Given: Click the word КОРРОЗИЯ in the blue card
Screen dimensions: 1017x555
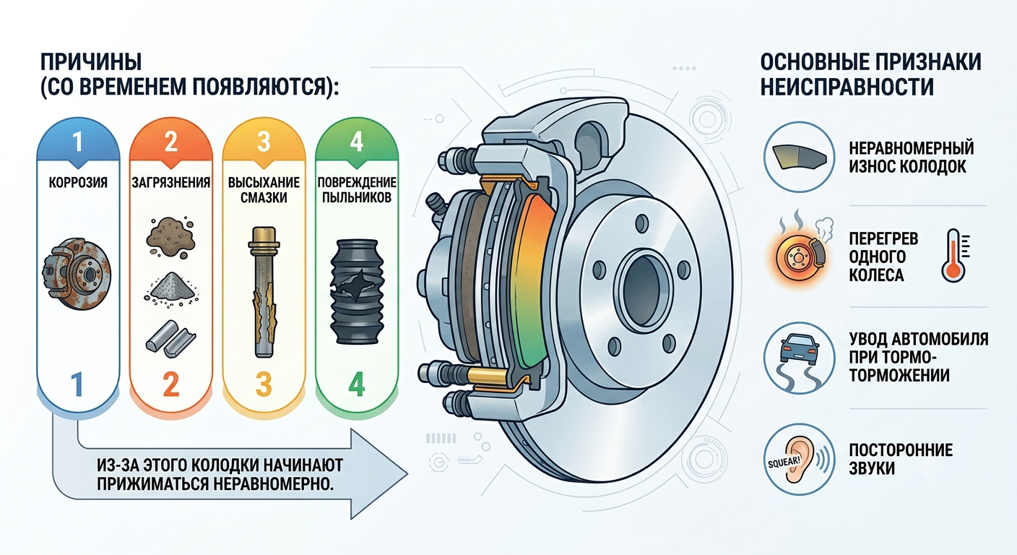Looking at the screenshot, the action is click(78, 183).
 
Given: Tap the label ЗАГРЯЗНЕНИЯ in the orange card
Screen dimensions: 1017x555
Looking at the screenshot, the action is click(170, 183).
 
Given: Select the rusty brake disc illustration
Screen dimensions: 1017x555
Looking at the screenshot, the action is click(77, 274).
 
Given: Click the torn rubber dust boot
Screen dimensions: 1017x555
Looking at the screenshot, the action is click(356, 292).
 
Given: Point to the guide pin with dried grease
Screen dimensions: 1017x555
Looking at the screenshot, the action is click(264, 292).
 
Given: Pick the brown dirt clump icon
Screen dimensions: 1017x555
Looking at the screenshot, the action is click(170, 237).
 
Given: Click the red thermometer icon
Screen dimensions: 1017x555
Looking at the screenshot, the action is click(954, 255).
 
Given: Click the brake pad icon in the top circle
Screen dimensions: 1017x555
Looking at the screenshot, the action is click(800, 158).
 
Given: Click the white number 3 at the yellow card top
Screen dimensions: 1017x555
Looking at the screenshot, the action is click(264, 142).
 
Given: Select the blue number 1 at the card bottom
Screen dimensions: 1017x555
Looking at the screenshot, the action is click(77, 384).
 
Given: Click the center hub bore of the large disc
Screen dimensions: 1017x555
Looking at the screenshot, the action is click(642, 291).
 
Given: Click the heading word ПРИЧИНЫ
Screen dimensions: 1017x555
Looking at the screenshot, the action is click(91, 61).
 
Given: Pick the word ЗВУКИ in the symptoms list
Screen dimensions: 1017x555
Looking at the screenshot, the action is click(872, 468).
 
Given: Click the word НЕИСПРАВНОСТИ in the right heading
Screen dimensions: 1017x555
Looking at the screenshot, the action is click(847, 87).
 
